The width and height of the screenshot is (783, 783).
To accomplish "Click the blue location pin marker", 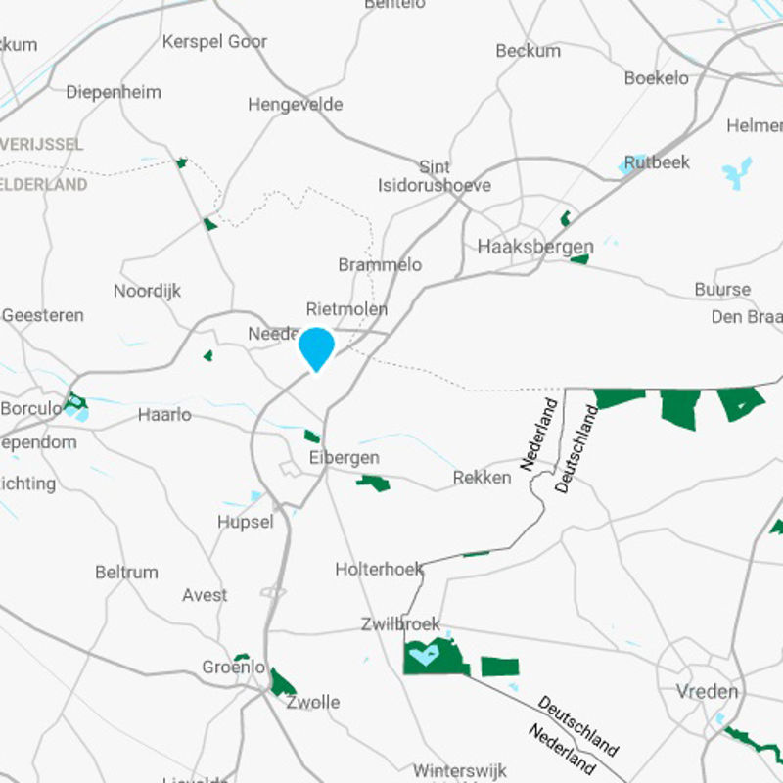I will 316,347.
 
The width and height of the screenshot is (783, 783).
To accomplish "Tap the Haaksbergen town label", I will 535,247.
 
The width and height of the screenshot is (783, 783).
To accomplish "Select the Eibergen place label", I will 344,458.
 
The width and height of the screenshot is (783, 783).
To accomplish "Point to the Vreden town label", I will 707,692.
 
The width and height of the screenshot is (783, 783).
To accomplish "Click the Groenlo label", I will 233,668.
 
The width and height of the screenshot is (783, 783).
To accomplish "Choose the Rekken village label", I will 482,478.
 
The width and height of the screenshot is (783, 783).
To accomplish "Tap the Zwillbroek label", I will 400,624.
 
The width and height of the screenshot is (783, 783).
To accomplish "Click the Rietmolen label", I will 346,309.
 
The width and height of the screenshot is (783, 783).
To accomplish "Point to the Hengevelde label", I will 295,105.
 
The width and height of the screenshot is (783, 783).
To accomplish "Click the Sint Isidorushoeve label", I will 435,176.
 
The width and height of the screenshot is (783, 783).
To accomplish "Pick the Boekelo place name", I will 656,78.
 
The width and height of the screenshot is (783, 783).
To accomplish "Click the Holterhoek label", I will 380,569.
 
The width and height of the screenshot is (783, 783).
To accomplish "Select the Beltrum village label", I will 126,573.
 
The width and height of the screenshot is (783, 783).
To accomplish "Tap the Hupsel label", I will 246,522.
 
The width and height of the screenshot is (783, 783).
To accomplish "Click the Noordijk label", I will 147,291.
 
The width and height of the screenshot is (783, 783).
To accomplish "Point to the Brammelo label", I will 380,265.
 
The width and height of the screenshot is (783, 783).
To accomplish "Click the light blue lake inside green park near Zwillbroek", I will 424,654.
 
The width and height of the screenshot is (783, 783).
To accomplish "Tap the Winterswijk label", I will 459,770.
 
